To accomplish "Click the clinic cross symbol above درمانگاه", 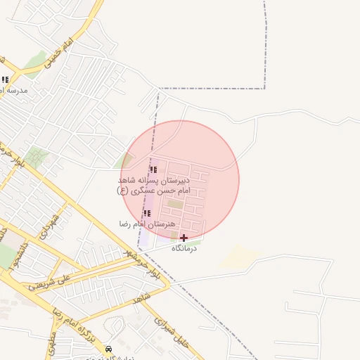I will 184,238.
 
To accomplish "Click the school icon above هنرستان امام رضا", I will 147,213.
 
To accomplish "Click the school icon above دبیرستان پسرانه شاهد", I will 153,169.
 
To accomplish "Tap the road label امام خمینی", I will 58,54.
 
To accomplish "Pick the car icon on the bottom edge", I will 108,349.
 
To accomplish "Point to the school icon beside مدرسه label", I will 5,80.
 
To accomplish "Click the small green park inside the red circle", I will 174,204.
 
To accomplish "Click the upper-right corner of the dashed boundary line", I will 265,89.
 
